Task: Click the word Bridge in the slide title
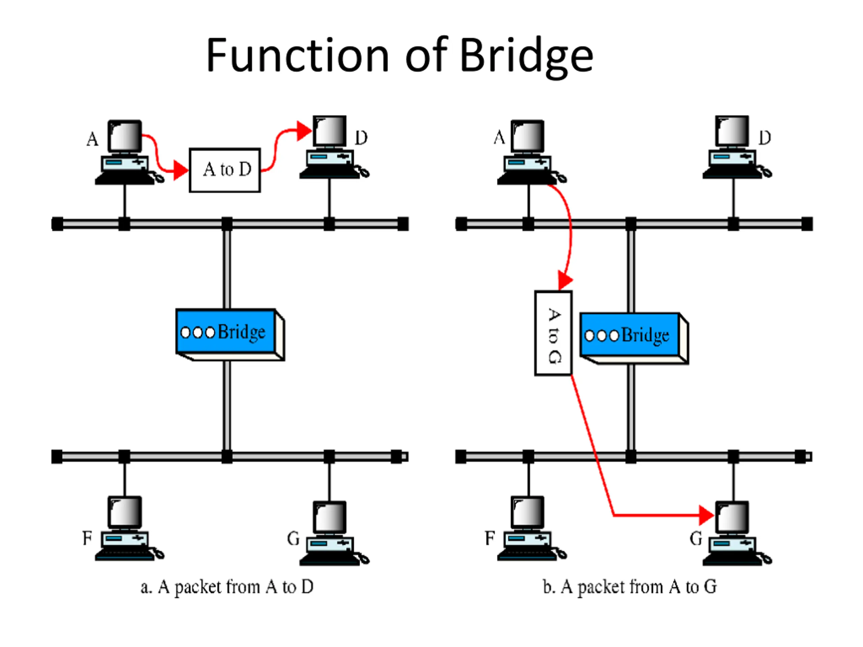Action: [526, 57]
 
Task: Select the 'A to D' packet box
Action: [225, 170]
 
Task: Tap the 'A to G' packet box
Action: [553, 334]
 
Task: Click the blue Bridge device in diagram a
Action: [230, 334]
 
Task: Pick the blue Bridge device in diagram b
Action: [634, 338]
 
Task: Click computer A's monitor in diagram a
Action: [125, 136]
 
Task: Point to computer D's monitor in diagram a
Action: [330, 131]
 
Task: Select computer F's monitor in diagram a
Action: [125, 513]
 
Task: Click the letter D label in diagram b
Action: [765, 138]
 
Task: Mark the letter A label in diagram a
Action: [92, 139]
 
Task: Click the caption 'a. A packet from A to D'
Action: [227, 587]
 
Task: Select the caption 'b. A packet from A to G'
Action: [630, 587]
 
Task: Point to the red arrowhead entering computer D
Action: [304, 131]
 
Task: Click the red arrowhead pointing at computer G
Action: [707, 515]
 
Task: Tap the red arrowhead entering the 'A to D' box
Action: [181, 170]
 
